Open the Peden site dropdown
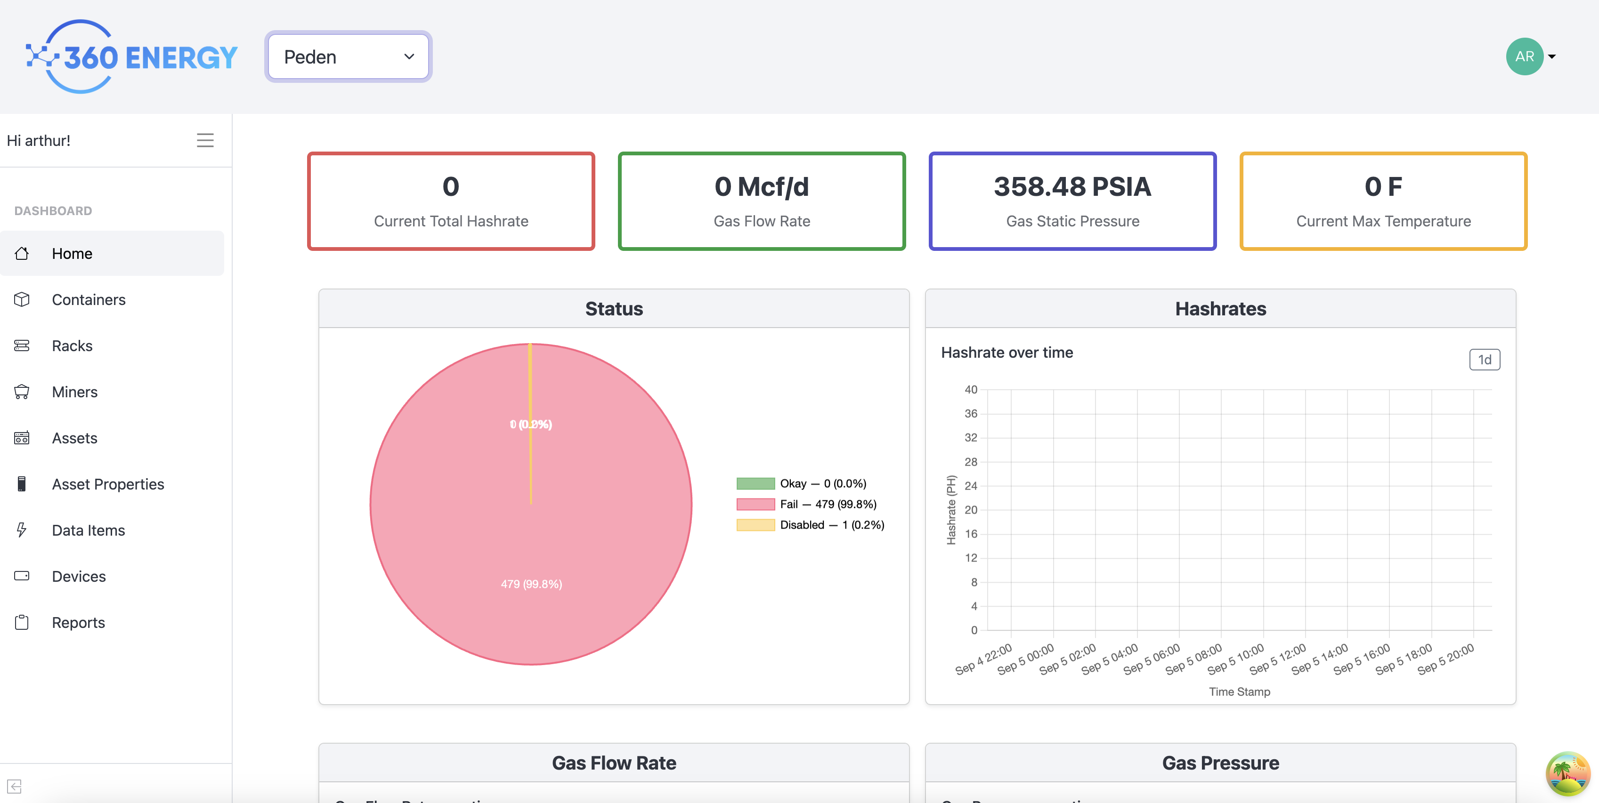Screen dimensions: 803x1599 348,56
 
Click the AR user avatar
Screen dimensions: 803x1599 1524,56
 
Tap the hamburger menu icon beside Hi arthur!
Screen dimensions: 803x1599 205,140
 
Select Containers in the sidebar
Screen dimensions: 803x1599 89,300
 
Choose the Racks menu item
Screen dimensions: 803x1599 72,345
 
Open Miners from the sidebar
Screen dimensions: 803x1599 74,392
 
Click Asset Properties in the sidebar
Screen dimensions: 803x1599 108,484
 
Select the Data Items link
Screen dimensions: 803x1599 88,530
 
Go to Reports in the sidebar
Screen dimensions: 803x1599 78,622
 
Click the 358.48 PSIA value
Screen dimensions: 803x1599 1072,187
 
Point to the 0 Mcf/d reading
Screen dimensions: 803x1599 762,187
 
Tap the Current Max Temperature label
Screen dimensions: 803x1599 1383,222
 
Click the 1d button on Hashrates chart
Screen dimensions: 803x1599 1484,360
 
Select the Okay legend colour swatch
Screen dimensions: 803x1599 755,483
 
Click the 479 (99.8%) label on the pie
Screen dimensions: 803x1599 531,584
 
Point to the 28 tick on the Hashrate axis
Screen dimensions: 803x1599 971,462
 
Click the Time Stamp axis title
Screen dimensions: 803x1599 1239,691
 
